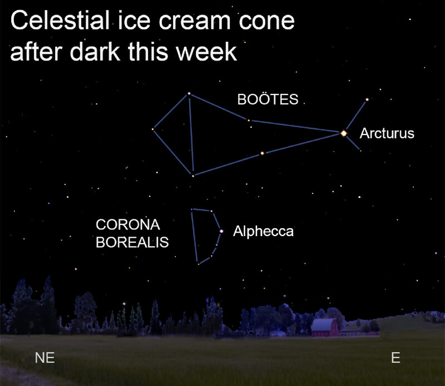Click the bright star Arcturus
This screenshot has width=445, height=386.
point(344,133)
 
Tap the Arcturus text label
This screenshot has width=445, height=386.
point(387,133)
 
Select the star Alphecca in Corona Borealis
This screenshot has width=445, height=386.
point(221,231)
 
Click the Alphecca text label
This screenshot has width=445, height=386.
point(263,231)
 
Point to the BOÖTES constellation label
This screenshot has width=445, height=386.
point(268,99)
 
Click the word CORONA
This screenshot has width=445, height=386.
point(128,225)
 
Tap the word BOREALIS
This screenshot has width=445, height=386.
point(132,242)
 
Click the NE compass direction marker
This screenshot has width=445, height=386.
point(44,358)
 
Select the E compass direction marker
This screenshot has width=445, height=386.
point(395,357)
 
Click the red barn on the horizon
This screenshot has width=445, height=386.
point(325,327)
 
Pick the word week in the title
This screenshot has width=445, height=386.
point(206,52)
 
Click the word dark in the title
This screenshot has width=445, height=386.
point(95,52)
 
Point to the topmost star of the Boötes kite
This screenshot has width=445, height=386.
point(189,93)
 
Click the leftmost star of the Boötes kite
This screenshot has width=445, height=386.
point(152,129)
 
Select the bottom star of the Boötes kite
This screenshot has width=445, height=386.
point(193,176)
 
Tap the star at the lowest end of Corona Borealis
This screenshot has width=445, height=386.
point(199,264)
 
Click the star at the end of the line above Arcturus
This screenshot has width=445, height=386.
point(367,100)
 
